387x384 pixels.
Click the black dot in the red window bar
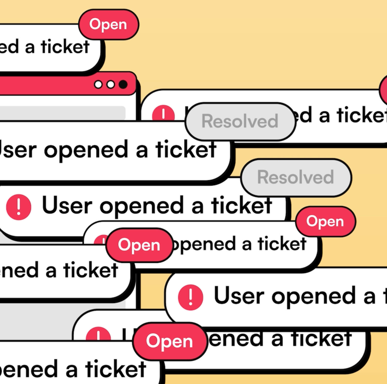point(123,84)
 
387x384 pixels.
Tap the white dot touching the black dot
point(111,84)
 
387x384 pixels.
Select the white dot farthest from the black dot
point(98,84)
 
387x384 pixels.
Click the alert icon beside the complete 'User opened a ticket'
point(18,207)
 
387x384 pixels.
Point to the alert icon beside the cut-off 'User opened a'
point(191,297)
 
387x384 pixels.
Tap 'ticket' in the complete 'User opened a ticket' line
point(241,205)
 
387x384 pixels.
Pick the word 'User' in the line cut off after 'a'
point(239,296)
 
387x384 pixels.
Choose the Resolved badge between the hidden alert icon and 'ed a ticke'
point(240,121)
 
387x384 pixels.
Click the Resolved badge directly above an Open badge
point(296,177)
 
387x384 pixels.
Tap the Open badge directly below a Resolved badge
point(325,221)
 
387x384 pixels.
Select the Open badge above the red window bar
point(108,25)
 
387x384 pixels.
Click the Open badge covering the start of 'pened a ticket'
point(139,245)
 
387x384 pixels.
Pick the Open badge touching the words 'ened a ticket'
point(170,341)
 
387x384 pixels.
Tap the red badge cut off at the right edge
point(384,90)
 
